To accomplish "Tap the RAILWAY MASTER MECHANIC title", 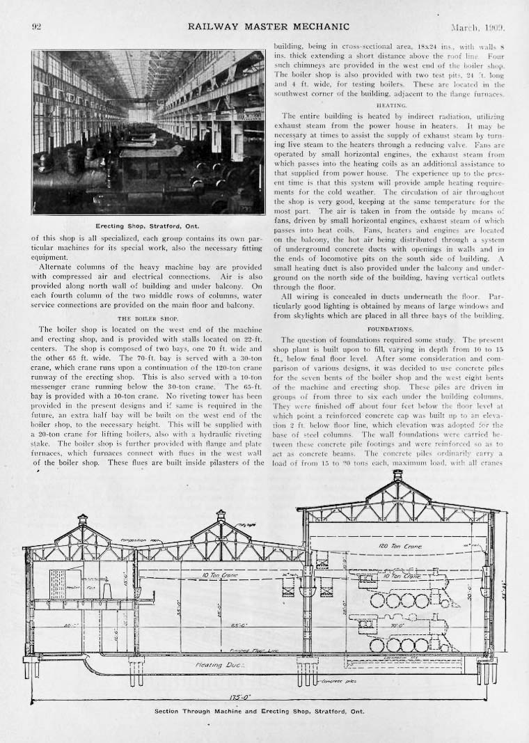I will coord(268,27).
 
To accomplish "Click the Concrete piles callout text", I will coord(339,680).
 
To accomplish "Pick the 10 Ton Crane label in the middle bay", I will coord(219,574).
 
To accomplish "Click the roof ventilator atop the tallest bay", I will coord(397,476).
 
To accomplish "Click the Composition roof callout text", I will coord(136,540).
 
